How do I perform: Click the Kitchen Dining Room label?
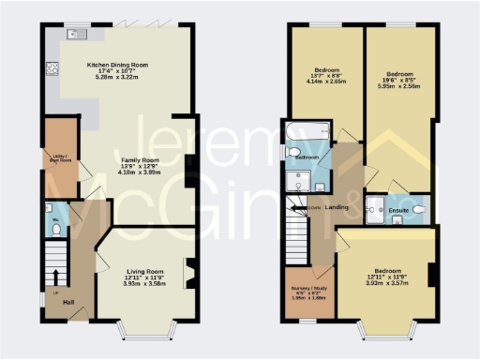pos(118,66)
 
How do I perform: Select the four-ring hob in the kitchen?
pos(52,67)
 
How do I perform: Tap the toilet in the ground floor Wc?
pos(55,225)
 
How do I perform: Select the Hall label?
pos(68,302)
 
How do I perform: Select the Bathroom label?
pos(307,157)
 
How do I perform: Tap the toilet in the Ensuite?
pos(418,209)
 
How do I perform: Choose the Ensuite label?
pos(398,210)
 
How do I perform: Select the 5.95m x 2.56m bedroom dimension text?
pos(400,85)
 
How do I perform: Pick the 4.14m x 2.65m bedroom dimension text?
pos(327,82)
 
